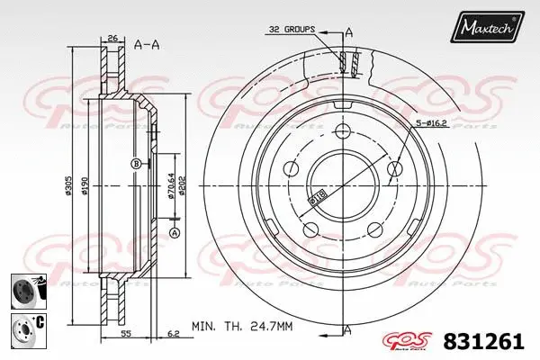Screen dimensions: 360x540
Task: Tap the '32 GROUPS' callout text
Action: (291, 30)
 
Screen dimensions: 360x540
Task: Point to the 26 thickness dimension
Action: (112, 38)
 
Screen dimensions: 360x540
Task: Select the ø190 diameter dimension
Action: (85, 187)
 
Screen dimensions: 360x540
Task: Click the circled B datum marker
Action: (135, 163)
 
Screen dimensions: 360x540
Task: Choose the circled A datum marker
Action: (175, 233)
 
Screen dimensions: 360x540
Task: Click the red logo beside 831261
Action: (410, 340)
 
